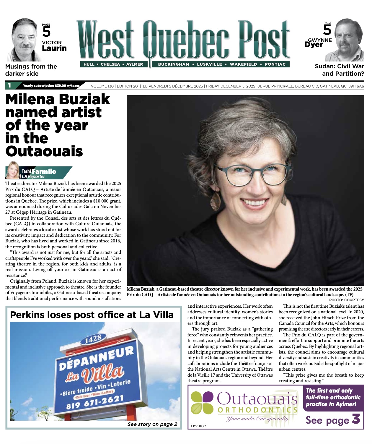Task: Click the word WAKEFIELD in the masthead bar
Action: point(243,64)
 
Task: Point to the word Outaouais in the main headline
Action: point(44,151)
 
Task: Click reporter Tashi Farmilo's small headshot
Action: point(13,171)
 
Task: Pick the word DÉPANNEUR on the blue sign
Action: point(96,358)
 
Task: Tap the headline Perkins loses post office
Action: point(92,315)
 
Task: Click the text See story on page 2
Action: point(152,424)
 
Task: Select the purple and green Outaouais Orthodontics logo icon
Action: point(202,403)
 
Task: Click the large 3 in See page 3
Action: point(356,419)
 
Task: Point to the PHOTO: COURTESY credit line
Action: point(346,300)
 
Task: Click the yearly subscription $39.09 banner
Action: point(51,86)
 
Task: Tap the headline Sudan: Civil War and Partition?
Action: point(340,70)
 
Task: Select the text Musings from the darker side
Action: point(31,70)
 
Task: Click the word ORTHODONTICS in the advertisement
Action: point(258,410)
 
